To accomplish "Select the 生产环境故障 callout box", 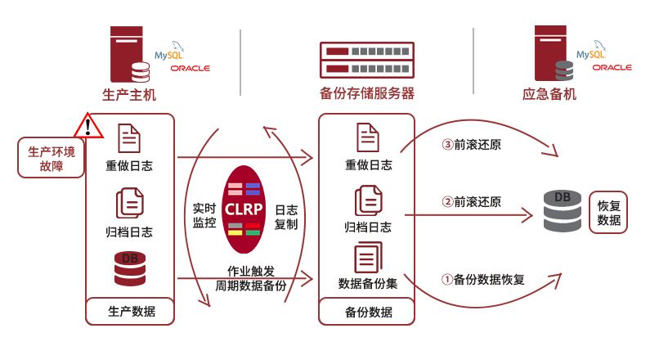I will pos(51,157).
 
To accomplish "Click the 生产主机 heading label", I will pos(128,94).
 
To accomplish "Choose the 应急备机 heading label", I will pos(549,94).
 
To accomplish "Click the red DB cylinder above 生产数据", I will pos(130,268).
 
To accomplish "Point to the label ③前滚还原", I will pos(471,145).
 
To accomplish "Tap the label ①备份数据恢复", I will pos(483,279).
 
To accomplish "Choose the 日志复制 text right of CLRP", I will pos(286,215).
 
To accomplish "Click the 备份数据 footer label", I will pos(368,312).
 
